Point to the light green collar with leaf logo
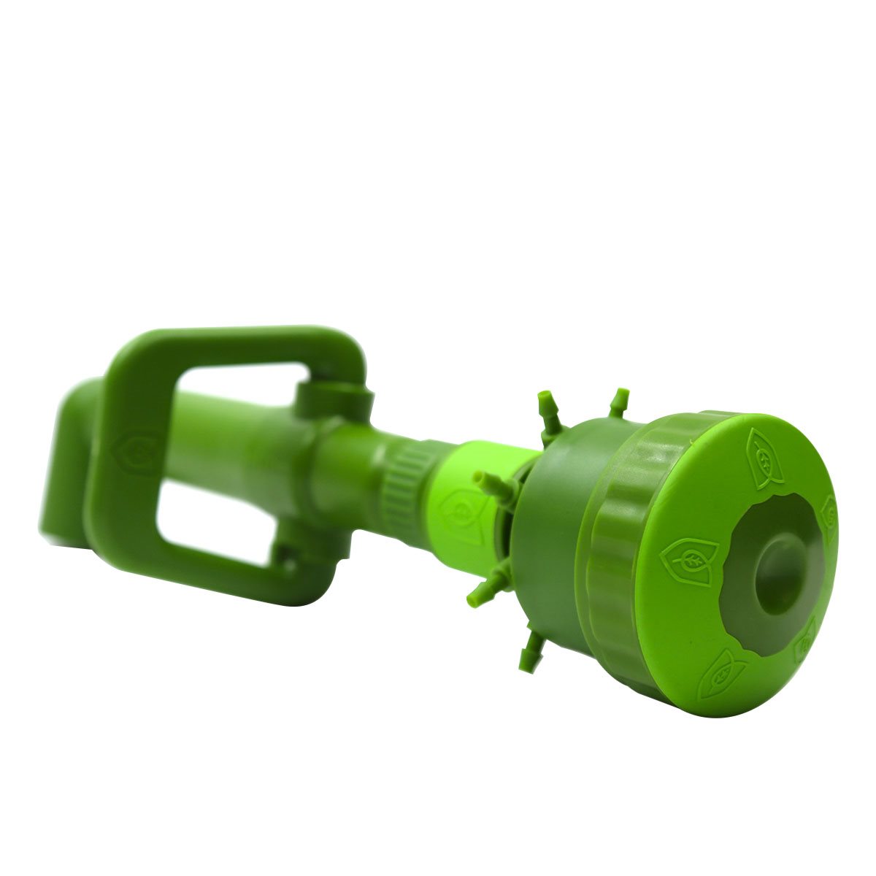[x=460, y=504]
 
